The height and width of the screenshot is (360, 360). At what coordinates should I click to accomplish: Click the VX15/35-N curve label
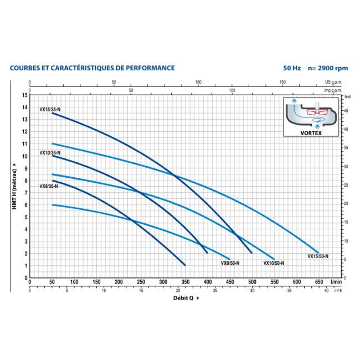point(50,110)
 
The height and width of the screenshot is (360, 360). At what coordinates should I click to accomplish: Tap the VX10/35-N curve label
point(50,152)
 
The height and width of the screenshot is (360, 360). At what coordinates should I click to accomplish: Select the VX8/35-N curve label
point(49,186)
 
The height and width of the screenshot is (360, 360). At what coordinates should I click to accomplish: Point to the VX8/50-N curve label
point(230,263)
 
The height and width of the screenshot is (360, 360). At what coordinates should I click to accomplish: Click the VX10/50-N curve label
point(274,263)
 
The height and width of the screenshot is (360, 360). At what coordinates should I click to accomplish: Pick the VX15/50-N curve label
point(318,256)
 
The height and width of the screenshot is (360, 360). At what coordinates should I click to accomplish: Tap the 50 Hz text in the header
point(291,68)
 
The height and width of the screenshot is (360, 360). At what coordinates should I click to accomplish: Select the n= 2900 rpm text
point(328,68)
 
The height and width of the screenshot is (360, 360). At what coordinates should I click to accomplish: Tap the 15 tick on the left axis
point(25,95)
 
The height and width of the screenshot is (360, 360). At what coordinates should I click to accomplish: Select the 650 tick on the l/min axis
point(318,282)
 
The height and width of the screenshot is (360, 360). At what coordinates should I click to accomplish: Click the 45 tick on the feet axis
point(346,110)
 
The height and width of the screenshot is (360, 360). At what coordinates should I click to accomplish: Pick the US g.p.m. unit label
point(333,82)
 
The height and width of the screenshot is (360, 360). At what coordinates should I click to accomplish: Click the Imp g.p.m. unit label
point(333,89)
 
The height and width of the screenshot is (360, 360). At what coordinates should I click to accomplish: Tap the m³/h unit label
point(338,290)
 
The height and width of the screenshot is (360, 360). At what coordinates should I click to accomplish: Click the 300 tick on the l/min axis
point(163,282)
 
